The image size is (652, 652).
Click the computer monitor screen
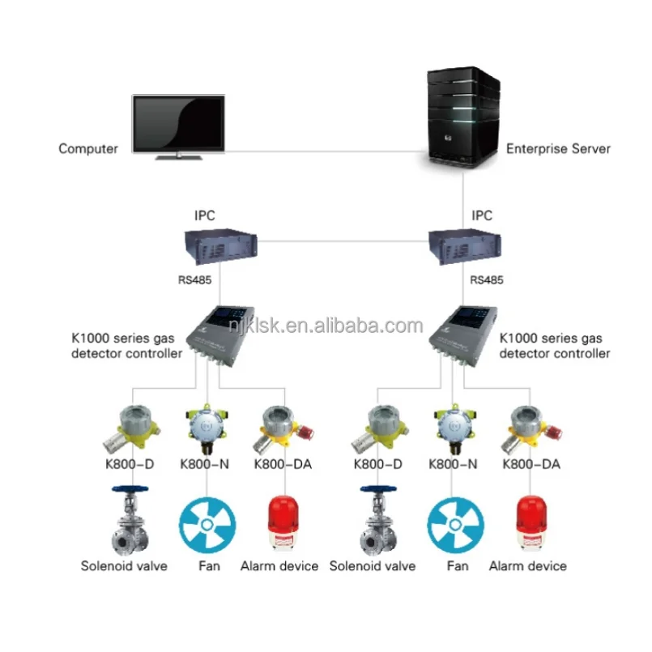[x=178, y=123]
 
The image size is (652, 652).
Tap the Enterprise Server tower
[x=463, y=117]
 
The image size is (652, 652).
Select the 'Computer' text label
[x=88, y=149]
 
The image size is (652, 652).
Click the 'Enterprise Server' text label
[x=558, y=149]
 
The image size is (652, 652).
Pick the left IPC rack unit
[x=221, y=245]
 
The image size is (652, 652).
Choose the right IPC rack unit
[x=464, y=245]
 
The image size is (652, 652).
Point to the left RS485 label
[x=195, y=280]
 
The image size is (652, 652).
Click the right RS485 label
[x=487, y=280]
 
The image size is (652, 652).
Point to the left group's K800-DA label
[x=283, y=464]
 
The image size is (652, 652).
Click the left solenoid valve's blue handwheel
[x=130, y=489]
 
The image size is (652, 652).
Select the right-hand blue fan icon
[x=455, y=525]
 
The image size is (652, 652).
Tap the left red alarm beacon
[x=283, y=524]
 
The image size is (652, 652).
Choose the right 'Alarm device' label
[x=527, y=566]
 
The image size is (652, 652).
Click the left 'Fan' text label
[x=209, y=566]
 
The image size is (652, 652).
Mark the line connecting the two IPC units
[x=343, y=241]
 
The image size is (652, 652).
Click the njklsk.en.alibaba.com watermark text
[x=326, y=325]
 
